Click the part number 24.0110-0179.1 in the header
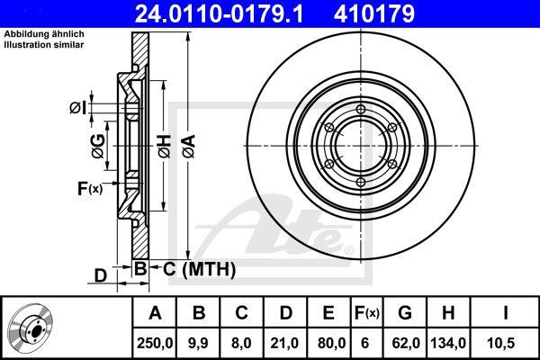(x=219, y=13)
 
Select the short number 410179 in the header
(x=374, y=13)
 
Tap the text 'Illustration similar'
(x=44, y=44)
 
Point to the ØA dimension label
(x=189, y=146)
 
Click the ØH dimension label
(x=165, y=146)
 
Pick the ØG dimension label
(x=98, y=146)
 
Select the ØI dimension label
(x=77, y=108)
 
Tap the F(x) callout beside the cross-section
(x=89, y=188)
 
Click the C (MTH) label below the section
(x=200, y=269)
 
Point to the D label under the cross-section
(x=101, y=276)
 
